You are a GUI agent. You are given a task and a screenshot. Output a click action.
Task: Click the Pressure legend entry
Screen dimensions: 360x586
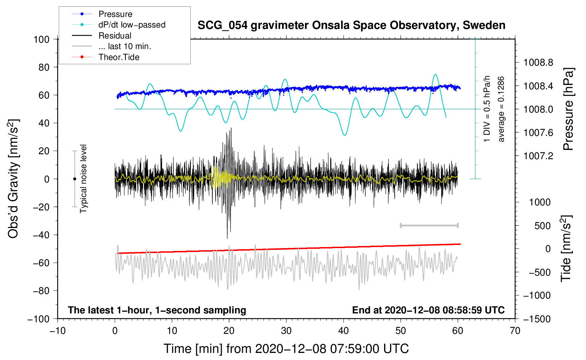coord(115,14)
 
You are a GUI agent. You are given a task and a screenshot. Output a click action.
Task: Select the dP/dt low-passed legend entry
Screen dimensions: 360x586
coord(132,25)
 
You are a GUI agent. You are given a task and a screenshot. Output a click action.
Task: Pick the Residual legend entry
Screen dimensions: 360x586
coord(115,36)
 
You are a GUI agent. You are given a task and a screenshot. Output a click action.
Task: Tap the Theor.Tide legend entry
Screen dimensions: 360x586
coord(119,57)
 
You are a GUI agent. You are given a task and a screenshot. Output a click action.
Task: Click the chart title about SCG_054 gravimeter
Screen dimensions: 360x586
coord(351,25)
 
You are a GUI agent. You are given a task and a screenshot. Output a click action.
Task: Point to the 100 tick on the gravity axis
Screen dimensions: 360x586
coord(41,39)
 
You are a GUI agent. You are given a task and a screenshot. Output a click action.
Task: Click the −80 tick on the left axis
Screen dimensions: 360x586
coord(41,291)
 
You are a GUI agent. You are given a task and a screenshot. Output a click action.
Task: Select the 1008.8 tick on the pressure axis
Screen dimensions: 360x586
coord(538,63)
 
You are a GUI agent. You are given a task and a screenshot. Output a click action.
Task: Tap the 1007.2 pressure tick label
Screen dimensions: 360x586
coord(538,156)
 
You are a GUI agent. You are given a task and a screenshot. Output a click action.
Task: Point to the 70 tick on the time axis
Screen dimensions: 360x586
coord(515,331)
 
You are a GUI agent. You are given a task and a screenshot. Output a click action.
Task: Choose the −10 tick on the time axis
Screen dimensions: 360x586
coord(58,331)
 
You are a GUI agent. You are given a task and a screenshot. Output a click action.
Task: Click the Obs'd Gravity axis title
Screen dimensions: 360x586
coord(13,179)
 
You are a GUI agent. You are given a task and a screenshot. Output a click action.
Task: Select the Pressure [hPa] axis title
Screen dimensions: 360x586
coord(568,109)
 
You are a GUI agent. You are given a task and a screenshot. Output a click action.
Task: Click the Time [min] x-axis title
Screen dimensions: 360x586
coord(286,349)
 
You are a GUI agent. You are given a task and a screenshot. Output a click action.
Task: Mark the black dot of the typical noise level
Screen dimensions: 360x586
coord(74,179)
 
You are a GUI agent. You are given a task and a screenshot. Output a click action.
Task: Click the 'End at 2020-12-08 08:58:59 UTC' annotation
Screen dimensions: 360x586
coord(428,310)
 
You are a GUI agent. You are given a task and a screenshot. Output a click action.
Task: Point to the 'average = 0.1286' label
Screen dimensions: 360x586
coord(501,109)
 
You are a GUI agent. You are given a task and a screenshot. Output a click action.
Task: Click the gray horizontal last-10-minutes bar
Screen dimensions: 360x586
coord(429,226)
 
